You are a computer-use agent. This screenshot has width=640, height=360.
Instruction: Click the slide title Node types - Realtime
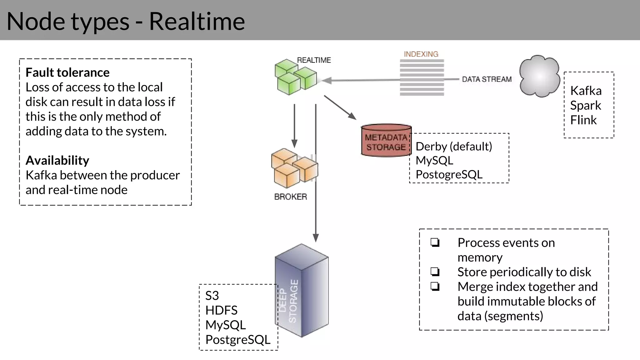tap(126, 21)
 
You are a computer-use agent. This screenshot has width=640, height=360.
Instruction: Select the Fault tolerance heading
tap(67, 72)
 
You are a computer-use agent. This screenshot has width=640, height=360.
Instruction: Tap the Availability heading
tap(57, 160)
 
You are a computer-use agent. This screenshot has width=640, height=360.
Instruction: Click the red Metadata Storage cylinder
tap(386, 141)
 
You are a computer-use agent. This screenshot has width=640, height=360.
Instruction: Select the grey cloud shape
tap(539, 76)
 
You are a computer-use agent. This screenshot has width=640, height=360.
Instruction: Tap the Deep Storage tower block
tap(302, 291)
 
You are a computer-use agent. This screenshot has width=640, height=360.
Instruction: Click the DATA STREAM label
tap(487, 79)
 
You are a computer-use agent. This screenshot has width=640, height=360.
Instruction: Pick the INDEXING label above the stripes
tap(421, 54)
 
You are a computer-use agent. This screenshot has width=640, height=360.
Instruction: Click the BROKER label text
tap(290, 197)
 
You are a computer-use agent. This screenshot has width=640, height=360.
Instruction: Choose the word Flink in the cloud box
tap(583, 120)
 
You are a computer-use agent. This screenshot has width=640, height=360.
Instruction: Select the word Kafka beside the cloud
tap(586, 91)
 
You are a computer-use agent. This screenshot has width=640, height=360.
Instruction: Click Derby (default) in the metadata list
tap(453, 146)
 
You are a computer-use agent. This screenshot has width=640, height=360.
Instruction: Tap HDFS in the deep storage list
tap(221, 310)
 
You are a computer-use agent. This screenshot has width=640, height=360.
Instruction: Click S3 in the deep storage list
tap(212, 295)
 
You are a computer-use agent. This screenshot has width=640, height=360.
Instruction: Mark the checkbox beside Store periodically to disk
tap(435, 272)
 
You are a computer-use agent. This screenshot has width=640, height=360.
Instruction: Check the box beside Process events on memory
tap(435, 242)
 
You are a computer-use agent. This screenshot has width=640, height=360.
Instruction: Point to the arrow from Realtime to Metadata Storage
tap(340, 107)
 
